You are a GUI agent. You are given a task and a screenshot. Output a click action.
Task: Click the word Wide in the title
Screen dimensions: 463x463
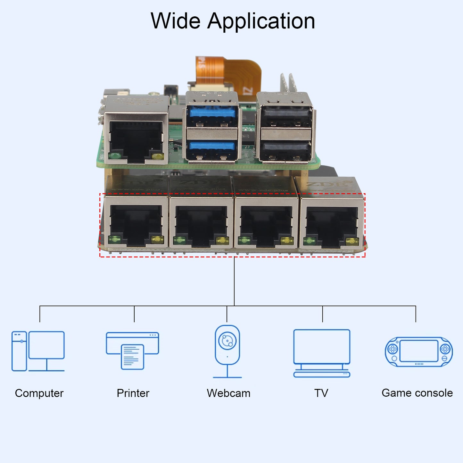(x=176, y=21)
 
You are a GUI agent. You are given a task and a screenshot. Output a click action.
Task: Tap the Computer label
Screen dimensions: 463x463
(x=39, y=393)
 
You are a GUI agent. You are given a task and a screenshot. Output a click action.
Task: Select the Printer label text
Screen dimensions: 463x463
(x=133, y=393)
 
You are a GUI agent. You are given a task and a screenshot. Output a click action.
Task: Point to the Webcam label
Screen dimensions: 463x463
(x=228, y=393)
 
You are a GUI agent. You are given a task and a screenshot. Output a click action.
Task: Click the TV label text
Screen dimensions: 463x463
(x=321, y=393)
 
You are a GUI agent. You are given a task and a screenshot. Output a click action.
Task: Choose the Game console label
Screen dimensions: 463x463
(x=417, y=393)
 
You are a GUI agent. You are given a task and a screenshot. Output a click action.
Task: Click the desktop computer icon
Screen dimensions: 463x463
(x=38, y=351)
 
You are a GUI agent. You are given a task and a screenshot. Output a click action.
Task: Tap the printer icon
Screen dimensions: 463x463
(x=133, y=351)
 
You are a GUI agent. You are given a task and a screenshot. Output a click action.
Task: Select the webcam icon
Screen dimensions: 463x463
(x=227, y=351)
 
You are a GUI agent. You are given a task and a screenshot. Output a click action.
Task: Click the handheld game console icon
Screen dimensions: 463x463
(x=419, y=352)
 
